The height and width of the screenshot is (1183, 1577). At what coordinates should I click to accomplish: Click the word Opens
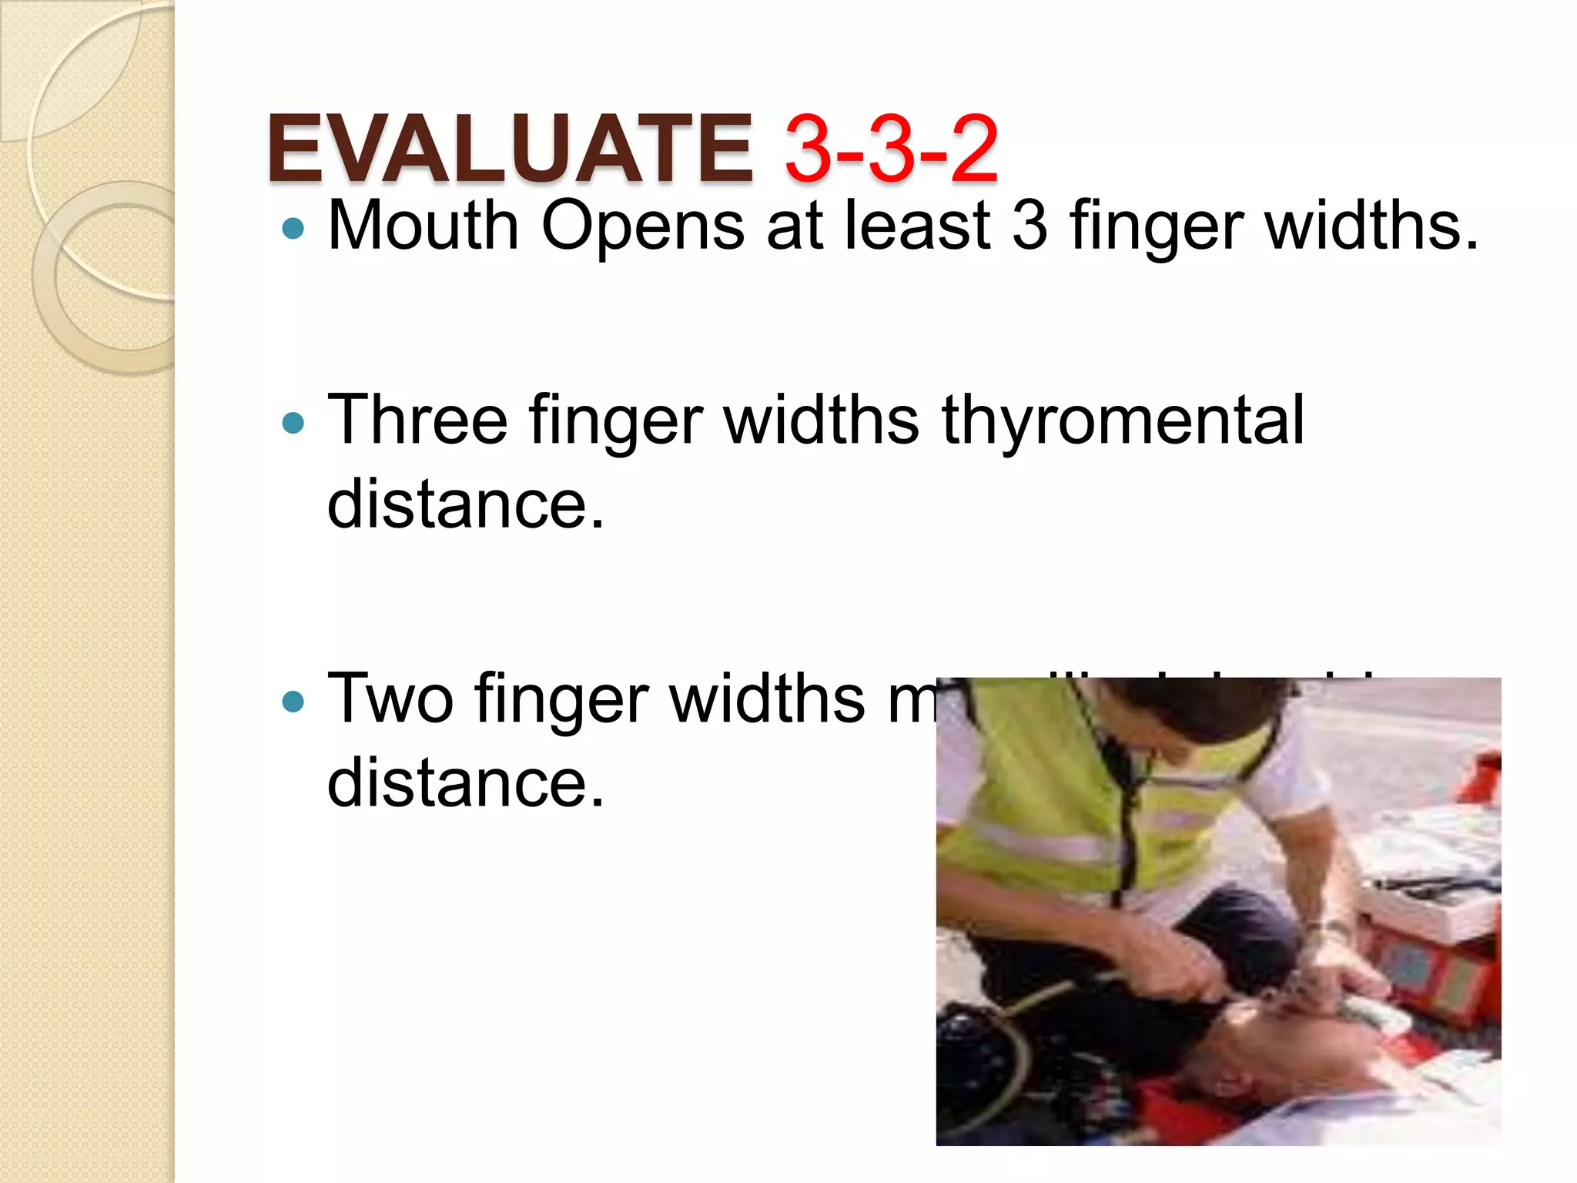643,227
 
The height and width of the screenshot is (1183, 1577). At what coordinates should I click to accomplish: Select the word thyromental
1123,422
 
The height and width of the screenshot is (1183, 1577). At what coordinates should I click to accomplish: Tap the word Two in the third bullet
390,699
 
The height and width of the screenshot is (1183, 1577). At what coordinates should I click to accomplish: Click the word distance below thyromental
466,504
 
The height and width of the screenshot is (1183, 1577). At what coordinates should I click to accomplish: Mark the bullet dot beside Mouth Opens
293,228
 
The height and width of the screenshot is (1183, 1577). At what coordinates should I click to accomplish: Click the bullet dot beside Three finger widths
293,423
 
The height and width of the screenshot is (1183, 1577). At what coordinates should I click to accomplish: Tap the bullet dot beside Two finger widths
293,701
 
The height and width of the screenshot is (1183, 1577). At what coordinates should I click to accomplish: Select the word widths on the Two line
768,699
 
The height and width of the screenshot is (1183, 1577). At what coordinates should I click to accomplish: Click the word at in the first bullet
795,227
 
